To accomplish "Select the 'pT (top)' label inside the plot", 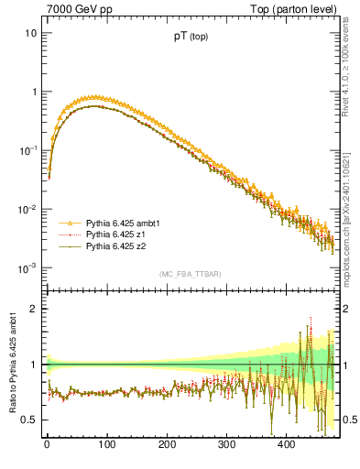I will pyautogui.click(x=191, y=38).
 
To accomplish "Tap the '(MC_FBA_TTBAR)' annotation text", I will pyautogui.click(x=190, y=275).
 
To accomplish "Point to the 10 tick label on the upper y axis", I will pyautogui.click(x=29, y=34).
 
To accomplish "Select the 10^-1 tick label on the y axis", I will pyautogui.click(x=27, y=150).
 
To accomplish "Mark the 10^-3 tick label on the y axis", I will pyautogui.click(x=27, y=268).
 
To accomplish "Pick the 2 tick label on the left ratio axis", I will pyautogui.click(x=33, y=309).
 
